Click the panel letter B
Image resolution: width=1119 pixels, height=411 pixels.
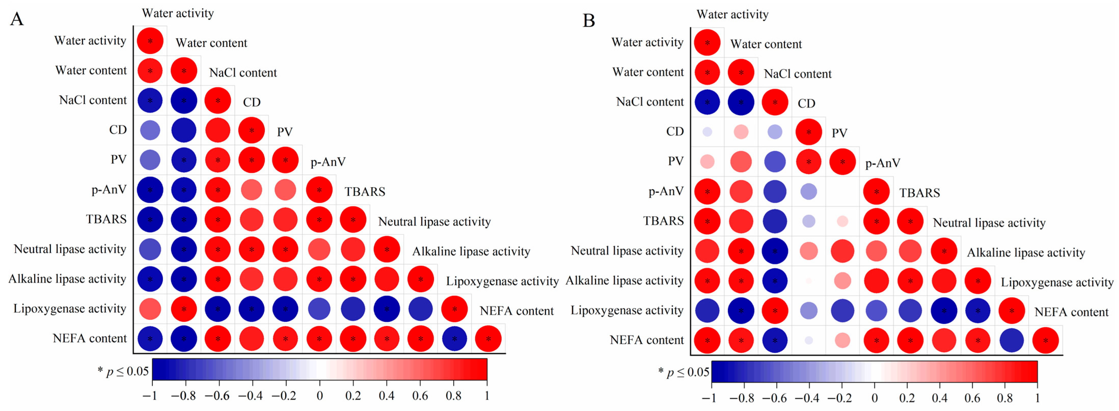[589, 20]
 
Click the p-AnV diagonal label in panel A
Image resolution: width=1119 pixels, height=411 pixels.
[328, 162]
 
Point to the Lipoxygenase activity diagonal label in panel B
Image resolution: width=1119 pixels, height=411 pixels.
[1057, 282]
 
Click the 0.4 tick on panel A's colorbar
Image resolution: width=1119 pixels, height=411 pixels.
[386, 396]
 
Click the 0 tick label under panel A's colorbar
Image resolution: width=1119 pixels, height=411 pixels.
[320, 396]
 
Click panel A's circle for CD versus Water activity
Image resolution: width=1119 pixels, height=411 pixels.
[150, 130]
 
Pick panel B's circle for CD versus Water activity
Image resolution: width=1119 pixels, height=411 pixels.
[707, 132]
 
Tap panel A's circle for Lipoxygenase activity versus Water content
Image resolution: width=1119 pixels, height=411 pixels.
[184, 309]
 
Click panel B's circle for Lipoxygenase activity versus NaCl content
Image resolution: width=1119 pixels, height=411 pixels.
[775, 311]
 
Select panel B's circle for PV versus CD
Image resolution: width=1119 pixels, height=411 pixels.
[808, 162]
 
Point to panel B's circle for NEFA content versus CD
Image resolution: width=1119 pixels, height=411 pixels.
[808, 340]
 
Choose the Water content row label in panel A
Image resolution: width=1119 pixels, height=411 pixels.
[91, 70]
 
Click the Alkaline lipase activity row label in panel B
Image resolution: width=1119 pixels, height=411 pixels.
[624, 281]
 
